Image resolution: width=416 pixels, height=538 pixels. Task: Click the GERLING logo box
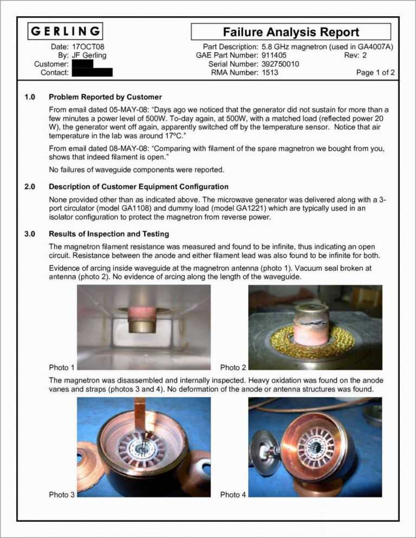tap(66, 31)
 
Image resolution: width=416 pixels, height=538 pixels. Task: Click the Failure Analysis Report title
tap(291, 32)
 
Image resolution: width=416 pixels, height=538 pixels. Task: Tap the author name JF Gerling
tap(89, 55)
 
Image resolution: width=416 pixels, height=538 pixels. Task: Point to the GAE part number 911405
tap(274, 55)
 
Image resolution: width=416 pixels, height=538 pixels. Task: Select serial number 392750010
tap(281, 64)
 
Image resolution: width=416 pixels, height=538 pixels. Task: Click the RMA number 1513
tap(270, 73)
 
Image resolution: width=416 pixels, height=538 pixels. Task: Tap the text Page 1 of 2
tap(375, 73)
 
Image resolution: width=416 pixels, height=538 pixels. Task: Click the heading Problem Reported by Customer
tap(105, 97)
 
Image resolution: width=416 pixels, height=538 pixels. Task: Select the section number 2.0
tap(30, 187)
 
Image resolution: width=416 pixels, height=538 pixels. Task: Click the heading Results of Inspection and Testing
tap(109, 234)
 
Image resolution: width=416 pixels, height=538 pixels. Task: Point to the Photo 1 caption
tap(62, 367)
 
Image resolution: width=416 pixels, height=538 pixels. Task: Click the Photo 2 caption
tap(233, 367)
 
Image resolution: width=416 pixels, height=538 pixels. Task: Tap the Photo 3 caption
tap(62, 494)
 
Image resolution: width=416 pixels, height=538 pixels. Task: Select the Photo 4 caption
tap(233, 494)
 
